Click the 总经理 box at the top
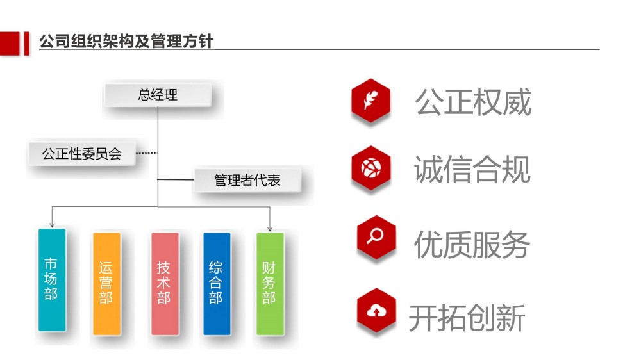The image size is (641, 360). [x=158, y=95]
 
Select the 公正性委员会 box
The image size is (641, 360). [x=82, y=154]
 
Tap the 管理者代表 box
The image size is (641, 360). [x=247, y=180]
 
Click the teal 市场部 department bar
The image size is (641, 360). [x=52, y=279]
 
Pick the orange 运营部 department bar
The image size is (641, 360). [x=106, y=284]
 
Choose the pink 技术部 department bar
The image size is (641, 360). [x=165, y=284]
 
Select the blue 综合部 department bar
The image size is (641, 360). [x=217, y=284]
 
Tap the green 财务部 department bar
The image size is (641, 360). [x=270, y=284]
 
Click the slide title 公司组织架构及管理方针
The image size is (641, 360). [x=126, y=41]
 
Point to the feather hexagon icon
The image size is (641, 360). [x=370, y=101]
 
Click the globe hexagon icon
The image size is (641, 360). [x=370, y=168]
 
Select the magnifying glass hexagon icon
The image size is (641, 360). [x=376, y=237]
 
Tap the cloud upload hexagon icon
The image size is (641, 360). [x=376, y=311]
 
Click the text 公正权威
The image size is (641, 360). [x=473, y=102]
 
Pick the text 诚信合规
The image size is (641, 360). [x=472, y=169]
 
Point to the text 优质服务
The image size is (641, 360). [x=472, y=244]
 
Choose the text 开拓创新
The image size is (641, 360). [x=467, y=318]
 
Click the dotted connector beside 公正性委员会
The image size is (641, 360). [x=146, y=153]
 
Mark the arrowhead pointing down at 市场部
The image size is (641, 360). [x=52, y=225]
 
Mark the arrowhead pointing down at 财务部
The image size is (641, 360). [x=270, y=229]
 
